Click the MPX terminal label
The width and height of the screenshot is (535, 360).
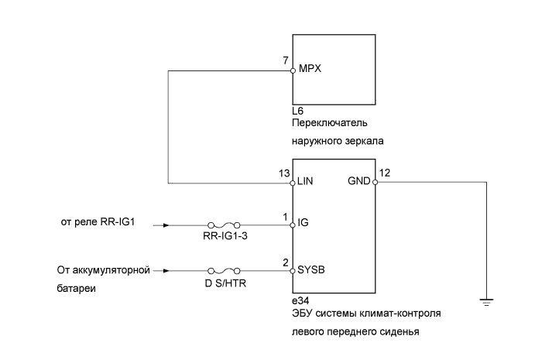[310, 69]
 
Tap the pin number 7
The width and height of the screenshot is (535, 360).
[286, 60]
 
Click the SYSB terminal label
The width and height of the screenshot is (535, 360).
[311, 271]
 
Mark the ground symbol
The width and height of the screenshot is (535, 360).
[485, 303]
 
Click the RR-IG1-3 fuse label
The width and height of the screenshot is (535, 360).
[222, 238]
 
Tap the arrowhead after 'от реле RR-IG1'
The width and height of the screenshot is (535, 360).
[159, 226]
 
